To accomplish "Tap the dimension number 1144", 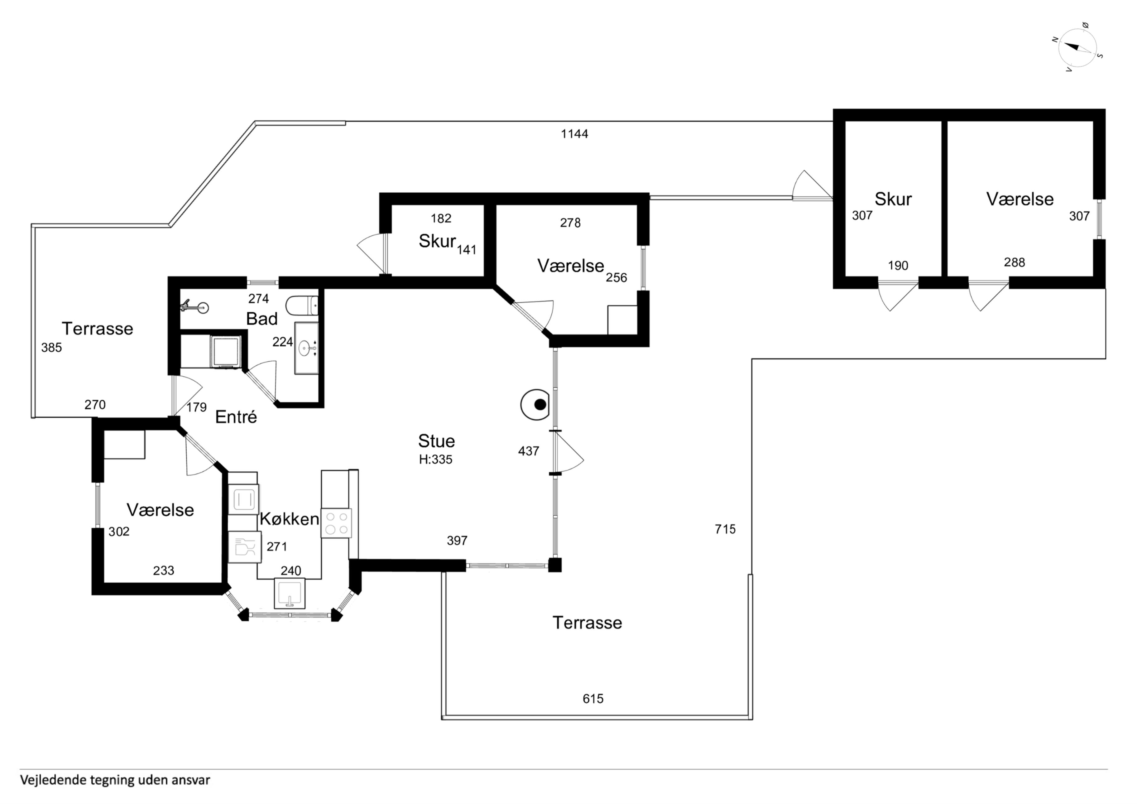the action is coord(574,134).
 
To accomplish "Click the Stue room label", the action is coord(436,441).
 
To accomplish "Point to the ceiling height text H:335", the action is coord(436,459).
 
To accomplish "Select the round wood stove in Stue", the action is coord(535,405).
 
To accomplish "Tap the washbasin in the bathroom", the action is coord(307,348).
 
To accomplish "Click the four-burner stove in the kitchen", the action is coord(336,523).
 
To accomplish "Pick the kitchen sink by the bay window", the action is coord(290,594).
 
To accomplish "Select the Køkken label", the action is coord(289,519).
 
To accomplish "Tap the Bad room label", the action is coord(262,319).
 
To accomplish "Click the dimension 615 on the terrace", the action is coord(593,699).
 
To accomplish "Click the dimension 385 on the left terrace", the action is coord(51,348).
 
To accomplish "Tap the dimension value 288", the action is coord(1015,262).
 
